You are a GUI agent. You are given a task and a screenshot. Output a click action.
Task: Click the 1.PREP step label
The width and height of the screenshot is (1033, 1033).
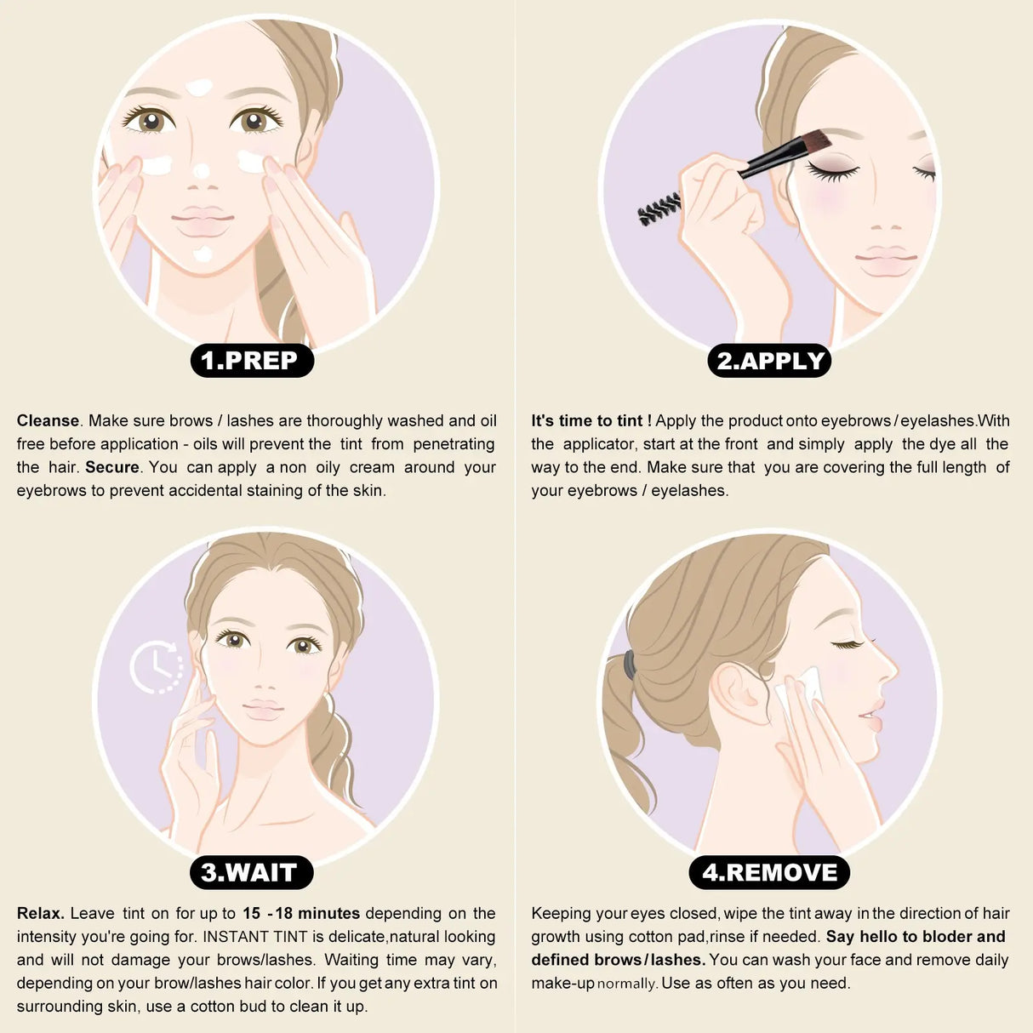pos(251,361)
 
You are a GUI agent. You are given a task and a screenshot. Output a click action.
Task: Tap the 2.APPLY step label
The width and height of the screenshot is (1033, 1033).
pos(769,361)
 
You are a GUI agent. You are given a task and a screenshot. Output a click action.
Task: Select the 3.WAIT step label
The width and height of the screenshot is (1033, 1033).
pos(250,873)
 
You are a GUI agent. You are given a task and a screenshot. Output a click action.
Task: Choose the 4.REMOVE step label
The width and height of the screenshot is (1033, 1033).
pos(769,873)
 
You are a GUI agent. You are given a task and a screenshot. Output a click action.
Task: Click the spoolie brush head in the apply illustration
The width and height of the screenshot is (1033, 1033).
pos(659,208)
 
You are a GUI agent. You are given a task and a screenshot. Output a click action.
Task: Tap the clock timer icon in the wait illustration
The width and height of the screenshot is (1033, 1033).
pos(157,667)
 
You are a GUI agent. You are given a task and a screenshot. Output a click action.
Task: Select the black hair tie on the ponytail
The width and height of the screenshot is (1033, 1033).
pos(628,665)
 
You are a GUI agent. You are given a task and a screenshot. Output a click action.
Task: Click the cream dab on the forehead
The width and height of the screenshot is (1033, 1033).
pos(199,87)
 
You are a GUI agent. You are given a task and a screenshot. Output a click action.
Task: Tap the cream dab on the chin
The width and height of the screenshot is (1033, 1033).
pos(202,254)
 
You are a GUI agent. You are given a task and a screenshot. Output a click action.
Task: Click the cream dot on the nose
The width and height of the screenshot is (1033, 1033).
pos(201,171)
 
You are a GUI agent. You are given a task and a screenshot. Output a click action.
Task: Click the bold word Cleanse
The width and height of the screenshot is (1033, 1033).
pos(48,421)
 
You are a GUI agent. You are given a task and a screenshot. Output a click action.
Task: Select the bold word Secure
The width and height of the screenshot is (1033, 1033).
pos(111,467)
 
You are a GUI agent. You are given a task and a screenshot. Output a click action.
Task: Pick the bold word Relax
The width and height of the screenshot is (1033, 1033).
pos(40,914)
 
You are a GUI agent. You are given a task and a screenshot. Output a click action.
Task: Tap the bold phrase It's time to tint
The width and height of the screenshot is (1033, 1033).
pos(591,421)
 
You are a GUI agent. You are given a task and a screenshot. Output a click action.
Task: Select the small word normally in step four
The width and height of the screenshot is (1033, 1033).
pos(627,984)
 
